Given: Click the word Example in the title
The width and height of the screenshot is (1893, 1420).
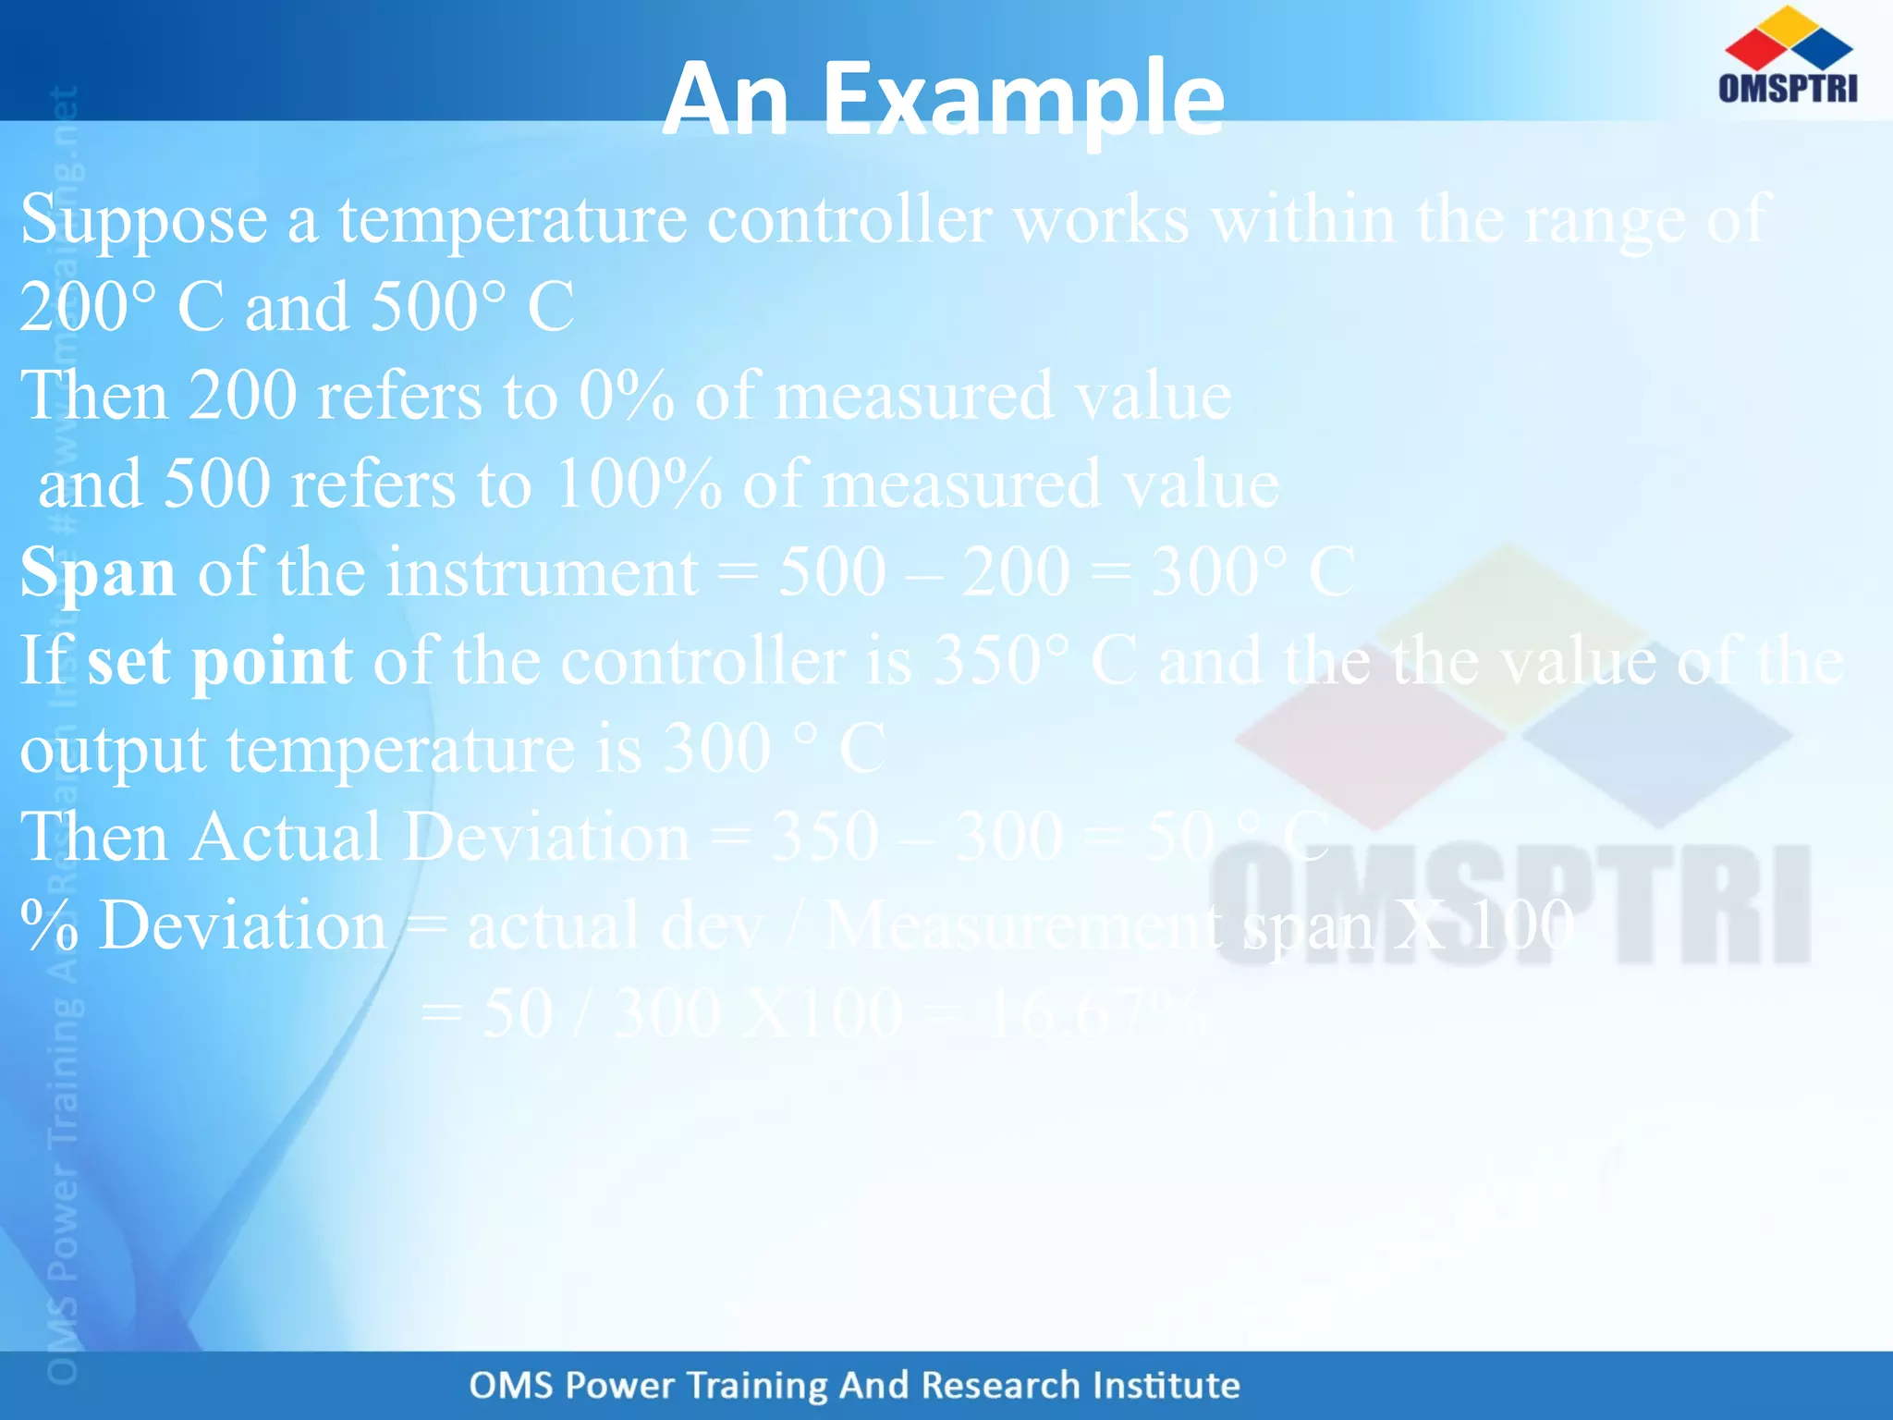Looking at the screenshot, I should click(x=1023, y=100).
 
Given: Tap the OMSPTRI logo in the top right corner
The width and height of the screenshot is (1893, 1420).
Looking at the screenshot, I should click(x=1788, y=55).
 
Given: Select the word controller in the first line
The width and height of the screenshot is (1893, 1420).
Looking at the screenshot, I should click(x=849, y=220).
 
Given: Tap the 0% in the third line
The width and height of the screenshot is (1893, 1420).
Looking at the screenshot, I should click(x=626, y=397).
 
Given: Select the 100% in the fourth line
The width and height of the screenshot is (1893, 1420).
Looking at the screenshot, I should click(x=638, y=484).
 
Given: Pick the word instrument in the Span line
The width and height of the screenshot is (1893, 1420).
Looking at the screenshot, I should click(x=542, y=572).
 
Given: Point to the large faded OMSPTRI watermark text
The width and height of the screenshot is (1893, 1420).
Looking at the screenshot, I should click(x=1510, y=906).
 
